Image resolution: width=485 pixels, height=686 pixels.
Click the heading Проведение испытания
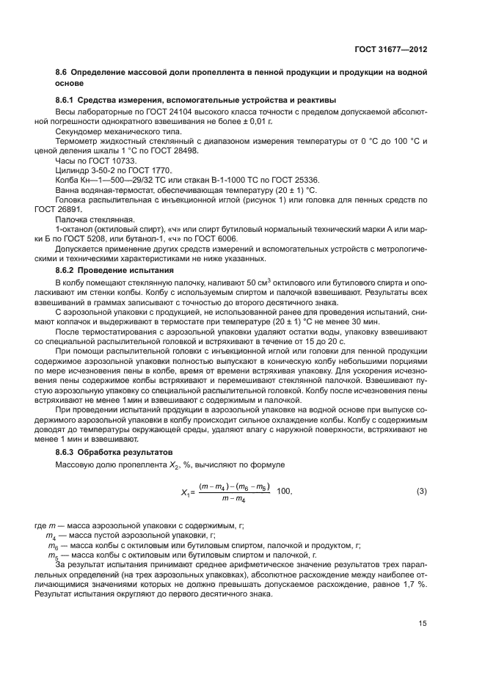(x=125, y=270)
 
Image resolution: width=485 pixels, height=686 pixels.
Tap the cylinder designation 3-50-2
(x=103, y=169)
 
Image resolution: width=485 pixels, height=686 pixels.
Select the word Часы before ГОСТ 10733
(x=65, y=158)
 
